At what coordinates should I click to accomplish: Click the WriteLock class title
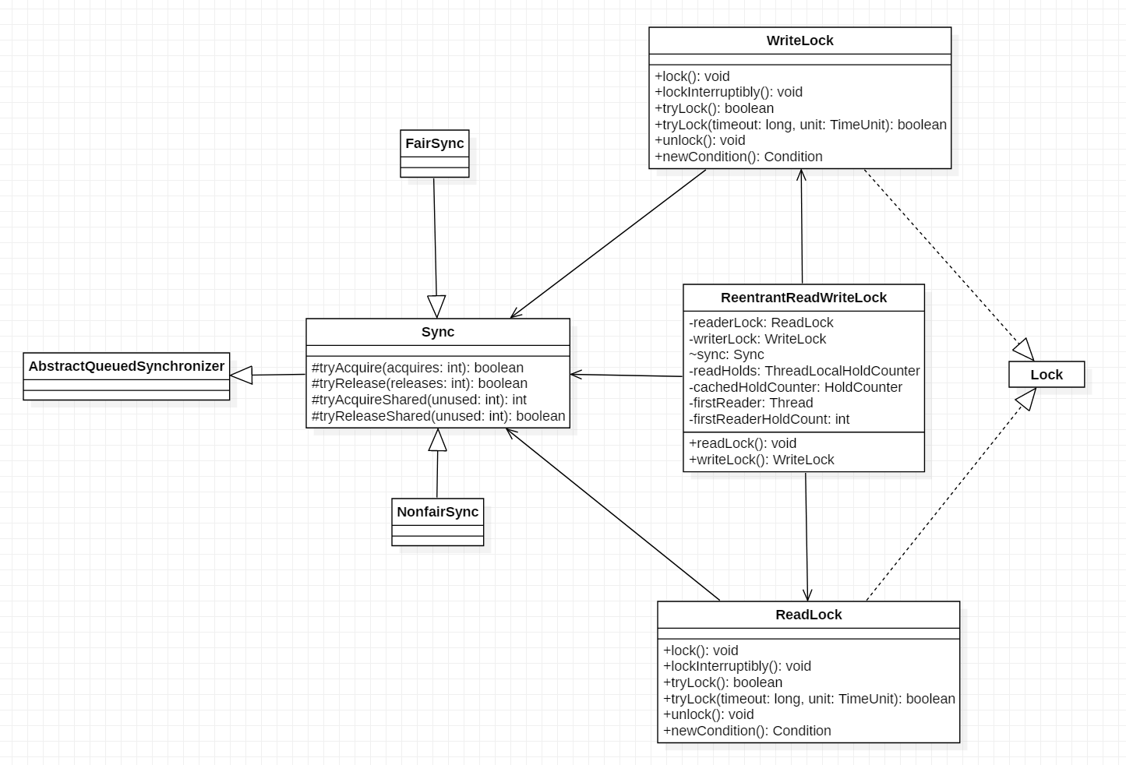point(799,41)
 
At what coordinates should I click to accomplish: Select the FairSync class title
point(434,143)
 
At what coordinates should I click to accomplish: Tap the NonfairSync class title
point(437,512)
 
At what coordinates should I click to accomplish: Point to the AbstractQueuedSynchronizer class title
point(126,366)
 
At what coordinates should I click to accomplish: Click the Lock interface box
point(1046,375)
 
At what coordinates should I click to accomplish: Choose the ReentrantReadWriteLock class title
point(803,298)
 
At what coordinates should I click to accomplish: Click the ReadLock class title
point(808,615)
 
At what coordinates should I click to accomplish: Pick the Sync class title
point(437,332)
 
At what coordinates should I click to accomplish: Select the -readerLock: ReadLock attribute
point(761,323)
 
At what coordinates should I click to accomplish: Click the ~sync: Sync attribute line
point(726,354)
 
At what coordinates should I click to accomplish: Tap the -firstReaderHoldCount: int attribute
point(769,419)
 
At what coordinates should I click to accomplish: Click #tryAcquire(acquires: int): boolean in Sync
point(417,368)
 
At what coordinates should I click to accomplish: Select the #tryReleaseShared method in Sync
point(438,416)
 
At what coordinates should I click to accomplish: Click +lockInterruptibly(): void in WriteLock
point(729,92)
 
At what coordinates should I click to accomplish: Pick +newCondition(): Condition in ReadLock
point(747,731)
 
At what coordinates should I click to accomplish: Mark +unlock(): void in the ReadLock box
point(708,714)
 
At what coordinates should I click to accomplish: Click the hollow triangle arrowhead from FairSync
point(436,306)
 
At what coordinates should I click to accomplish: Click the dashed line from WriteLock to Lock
point(943,257)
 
